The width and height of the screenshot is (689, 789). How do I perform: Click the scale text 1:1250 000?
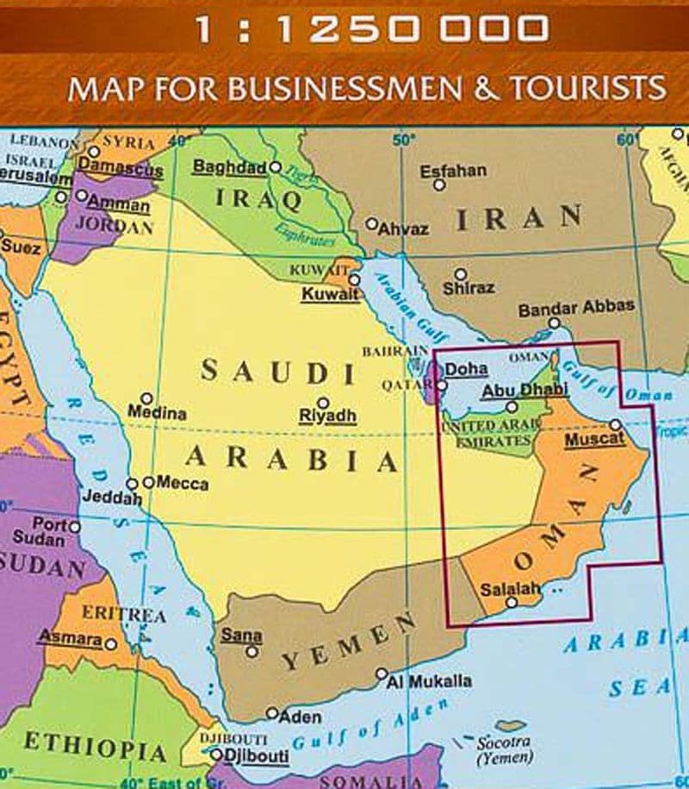[370, 30]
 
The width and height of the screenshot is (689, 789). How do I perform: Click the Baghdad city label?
[229, 167]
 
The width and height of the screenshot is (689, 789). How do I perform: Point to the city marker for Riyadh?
[323, 403]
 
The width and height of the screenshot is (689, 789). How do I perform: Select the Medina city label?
[158, 414]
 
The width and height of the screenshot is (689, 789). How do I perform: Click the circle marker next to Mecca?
[148, 482]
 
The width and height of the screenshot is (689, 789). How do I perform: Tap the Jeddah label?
[112, 498]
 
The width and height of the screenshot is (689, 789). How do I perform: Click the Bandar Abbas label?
[576, 307]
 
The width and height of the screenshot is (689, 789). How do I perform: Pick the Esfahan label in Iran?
[453, 171]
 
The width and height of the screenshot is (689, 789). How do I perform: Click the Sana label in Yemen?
[241, 636]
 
